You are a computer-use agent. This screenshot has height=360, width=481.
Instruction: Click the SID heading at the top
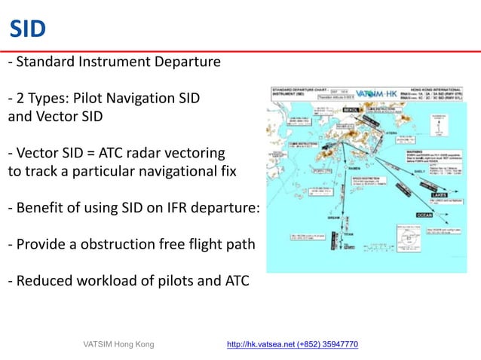click(x=27, y=29)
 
